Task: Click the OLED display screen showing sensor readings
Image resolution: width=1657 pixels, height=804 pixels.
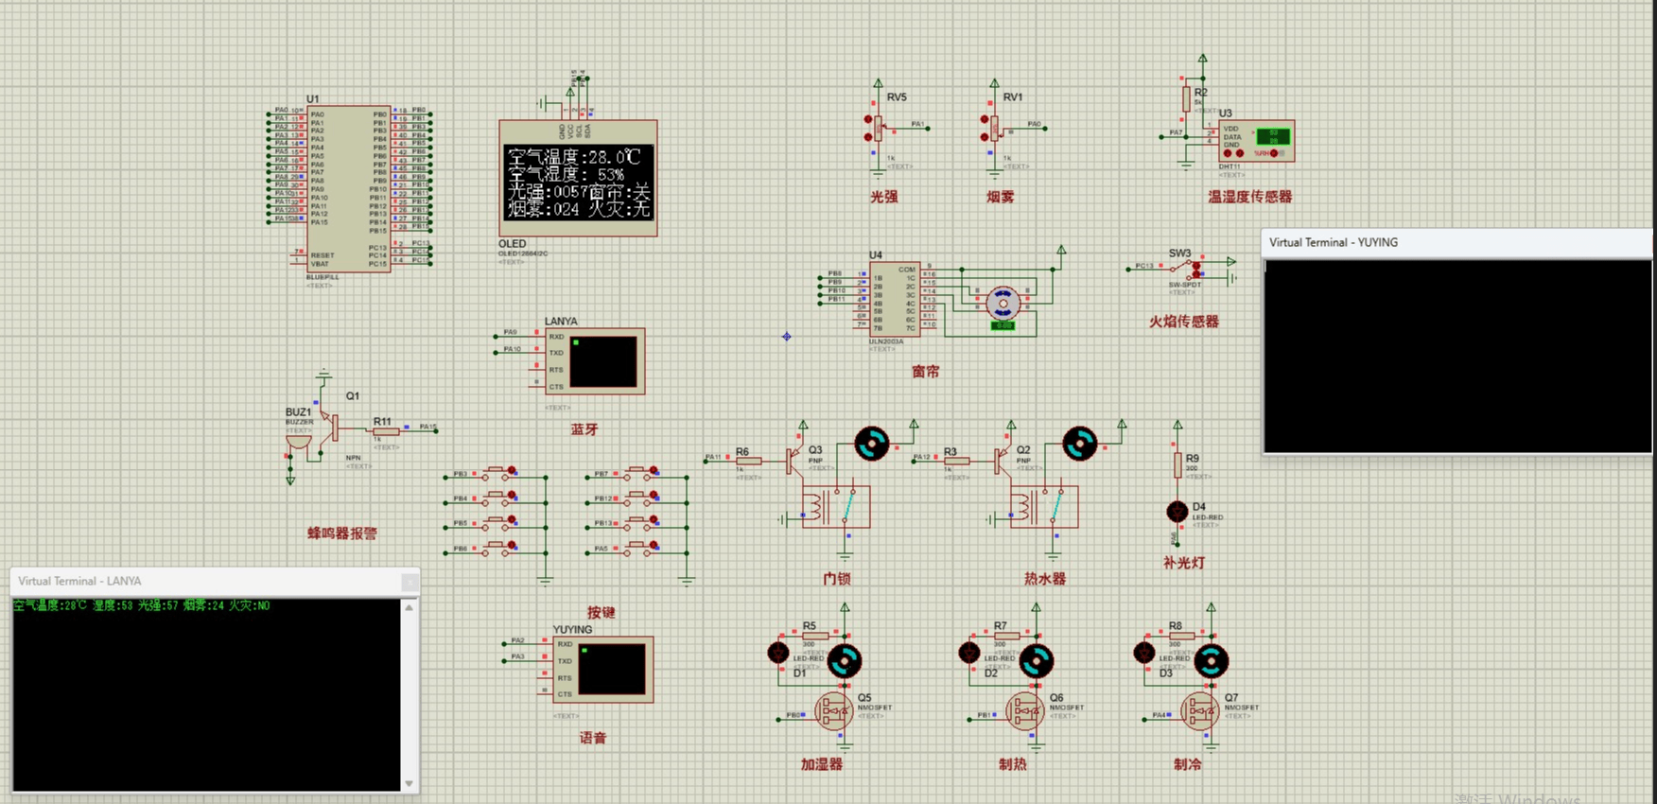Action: coord(578,182)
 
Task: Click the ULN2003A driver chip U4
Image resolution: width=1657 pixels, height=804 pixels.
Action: coord(894,299)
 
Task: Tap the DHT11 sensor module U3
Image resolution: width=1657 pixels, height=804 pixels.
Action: coord(1256,142)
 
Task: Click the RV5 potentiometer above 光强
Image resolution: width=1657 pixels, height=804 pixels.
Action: coord(878,128)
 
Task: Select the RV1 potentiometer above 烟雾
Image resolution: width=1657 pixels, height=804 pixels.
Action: coord(994,128)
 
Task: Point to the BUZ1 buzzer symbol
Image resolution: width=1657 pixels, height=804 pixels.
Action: coord(297,441)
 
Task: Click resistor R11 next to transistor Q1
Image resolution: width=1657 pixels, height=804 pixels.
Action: coord(384,431)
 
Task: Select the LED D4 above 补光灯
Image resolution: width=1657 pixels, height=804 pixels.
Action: coord(1177,512)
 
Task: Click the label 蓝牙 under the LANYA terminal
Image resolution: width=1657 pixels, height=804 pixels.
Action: coord(584,429)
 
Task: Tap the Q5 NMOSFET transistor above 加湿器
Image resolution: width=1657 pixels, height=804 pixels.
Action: coord(834,711)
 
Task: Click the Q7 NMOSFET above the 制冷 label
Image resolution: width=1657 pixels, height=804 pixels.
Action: coord(1199,711)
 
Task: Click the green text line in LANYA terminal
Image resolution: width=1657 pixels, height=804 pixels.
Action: coord(142,606)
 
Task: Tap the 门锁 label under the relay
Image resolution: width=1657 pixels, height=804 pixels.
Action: coord(836,579)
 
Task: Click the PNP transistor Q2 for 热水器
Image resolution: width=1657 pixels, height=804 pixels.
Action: coord(1001,461)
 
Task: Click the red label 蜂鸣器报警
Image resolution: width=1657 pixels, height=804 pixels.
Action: coord(341,533)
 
